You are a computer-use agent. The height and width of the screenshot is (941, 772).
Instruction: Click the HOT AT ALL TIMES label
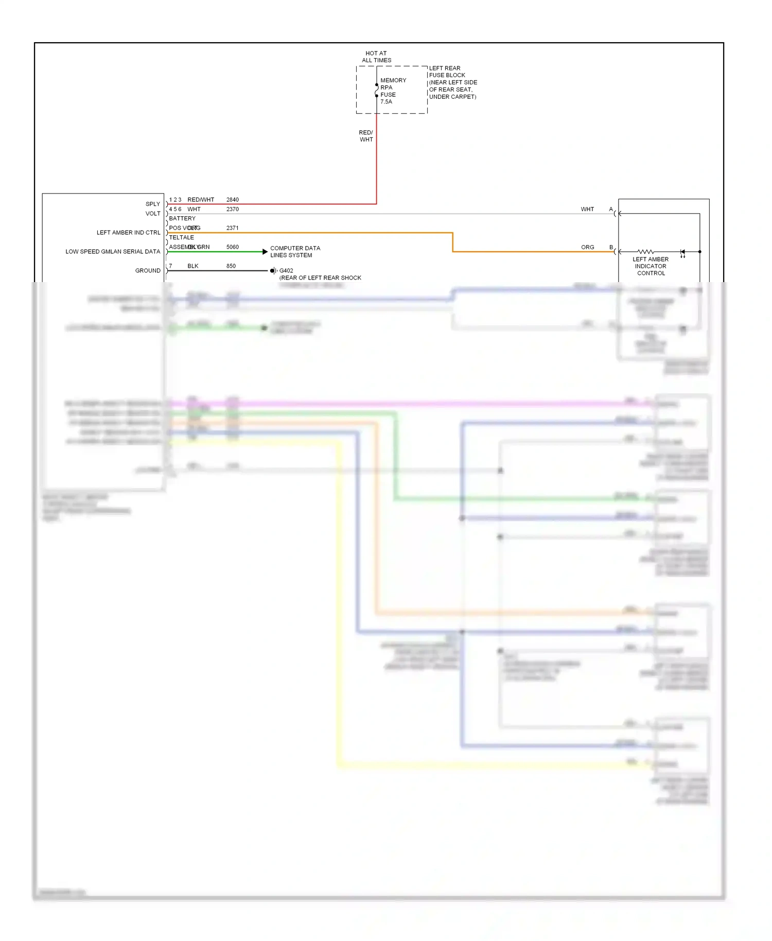(376, 57)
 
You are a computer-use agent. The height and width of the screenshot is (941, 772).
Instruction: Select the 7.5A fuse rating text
(386, 102)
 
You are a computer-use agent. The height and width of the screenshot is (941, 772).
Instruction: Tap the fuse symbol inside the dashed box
(376, 90)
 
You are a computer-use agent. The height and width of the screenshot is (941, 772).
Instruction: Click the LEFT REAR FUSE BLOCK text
(447, 72)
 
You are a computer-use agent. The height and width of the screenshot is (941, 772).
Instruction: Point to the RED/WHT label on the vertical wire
(366, 136)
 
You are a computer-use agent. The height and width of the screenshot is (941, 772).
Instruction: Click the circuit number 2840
(233, 200)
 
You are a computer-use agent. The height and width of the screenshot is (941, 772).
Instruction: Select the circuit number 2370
(233, 210)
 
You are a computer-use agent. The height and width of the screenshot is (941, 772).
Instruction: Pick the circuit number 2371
(233, 228)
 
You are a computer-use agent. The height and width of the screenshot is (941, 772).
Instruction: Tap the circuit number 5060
(233, 247)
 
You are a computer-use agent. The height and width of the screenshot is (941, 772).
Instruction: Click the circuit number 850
(231, 266)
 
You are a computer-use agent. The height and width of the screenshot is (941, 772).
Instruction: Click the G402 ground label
(286, 271)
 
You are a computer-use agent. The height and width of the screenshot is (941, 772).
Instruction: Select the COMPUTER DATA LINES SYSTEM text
(295, 252)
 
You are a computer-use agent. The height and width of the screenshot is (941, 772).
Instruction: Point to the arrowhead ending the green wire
(265, 252)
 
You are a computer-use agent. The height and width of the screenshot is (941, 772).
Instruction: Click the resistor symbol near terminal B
(645, 252)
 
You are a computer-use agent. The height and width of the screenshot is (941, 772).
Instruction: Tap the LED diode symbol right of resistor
(682, 252)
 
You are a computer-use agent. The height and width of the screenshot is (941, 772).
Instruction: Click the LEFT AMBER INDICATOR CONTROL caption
(651, 266)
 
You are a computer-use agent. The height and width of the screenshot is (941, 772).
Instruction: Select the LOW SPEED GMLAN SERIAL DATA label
(113, 252)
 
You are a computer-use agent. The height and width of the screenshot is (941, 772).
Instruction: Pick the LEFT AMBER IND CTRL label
(128, 233)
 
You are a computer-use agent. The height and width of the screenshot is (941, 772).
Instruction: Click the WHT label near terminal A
(587, 210)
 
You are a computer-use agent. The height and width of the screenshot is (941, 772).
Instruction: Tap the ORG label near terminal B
(587, 248)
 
